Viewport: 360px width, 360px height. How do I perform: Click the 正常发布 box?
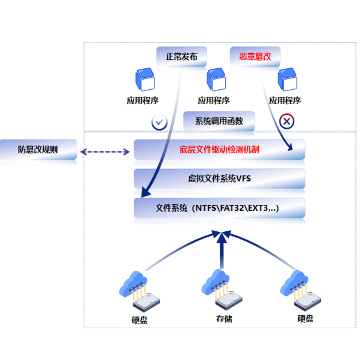coord(181,58)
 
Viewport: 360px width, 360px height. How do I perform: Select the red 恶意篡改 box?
coord(255,58)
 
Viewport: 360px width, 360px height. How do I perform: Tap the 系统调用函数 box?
coord(219,120)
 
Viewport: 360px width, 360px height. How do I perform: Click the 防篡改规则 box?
coord(38,150)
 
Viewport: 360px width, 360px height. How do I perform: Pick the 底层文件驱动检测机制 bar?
coord(219,149)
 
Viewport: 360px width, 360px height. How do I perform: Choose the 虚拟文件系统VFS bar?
coord(219,179)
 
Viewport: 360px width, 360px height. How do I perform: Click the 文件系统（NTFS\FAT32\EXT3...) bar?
coord(219,208)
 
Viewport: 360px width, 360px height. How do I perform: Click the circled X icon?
coord(287,122)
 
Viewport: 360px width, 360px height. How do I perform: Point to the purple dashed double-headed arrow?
coord(105,152)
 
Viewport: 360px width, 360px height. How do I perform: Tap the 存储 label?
coord(223,319)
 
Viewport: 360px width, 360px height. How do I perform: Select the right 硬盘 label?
coord(305,319)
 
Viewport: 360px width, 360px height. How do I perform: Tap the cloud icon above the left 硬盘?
coord(132,282)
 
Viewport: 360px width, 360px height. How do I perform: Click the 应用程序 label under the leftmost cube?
coord(143,101)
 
